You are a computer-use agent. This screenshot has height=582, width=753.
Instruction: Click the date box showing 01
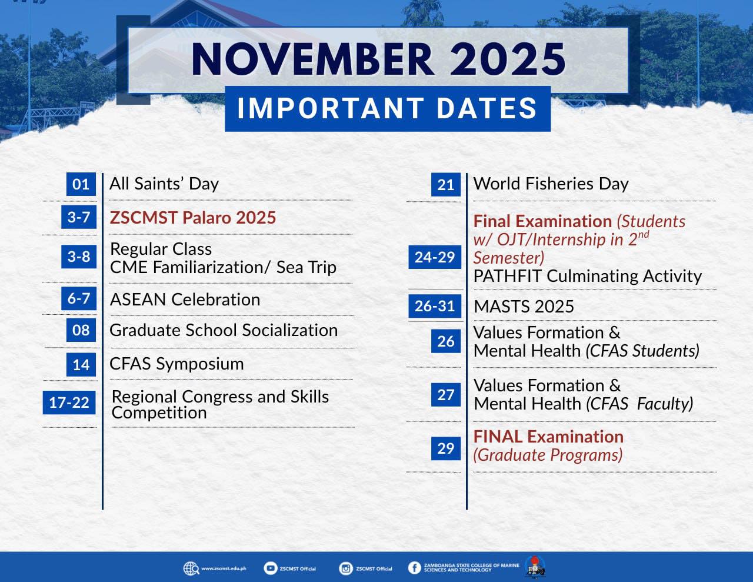pyautogui.click(x=81, y=184)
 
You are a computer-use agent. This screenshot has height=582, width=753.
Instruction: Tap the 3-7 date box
pyautogui.click(x=79, y=217)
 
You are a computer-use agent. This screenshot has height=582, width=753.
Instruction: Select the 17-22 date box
pyautogui.click(x=69, y=403)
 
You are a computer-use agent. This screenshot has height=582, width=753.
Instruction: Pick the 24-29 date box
pyautogui.click(x=435, y=257)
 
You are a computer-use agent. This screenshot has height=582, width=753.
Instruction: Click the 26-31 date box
pyautogui.click(x=435, y=306)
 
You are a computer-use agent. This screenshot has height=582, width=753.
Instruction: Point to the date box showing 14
pyautogui.click(x=81, y=365)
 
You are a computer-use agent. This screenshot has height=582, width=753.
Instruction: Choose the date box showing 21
pyautogui.click(x=446, y=184)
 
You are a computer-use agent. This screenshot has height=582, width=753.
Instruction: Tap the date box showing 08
pyautogui.click(x=81, y=330)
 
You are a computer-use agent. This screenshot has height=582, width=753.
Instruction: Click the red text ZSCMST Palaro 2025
pyautogui.click(x=193, y=218)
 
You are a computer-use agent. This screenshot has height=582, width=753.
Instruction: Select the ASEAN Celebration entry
pyautogui.click(x=185, y=300)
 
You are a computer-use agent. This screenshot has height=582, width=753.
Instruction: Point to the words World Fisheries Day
pyautogui.click(x=551, y=184)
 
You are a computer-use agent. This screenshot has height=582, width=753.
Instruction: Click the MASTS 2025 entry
pyautogui.click(x=524, y=307)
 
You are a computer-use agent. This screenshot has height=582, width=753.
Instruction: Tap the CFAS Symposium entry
pyautogui.click(x=176, y=364)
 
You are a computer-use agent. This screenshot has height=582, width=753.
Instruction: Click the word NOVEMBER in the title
pyautogui.click(x=312, y=59)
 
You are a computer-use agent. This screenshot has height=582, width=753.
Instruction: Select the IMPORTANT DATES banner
pyautogui.click(x=388, y=108)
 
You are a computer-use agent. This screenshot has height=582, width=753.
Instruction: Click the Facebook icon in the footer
pyautogui.click(x=414, y=568)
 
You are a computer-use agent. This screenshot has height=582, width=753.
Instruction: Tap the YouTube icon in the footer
pyautogui.click(x=270, y=568)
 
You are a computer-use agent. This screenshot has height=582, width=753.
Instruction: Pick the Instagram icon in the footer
pyautogui.click(x=345, y=568)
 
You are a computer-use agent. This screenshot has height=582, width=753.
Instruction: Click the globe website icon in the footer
pyautogui.click(x=191, y=568)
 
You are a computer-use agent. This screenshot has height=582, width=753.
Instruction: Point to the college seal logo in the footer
pyautogui.click(x=535, y=567)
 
